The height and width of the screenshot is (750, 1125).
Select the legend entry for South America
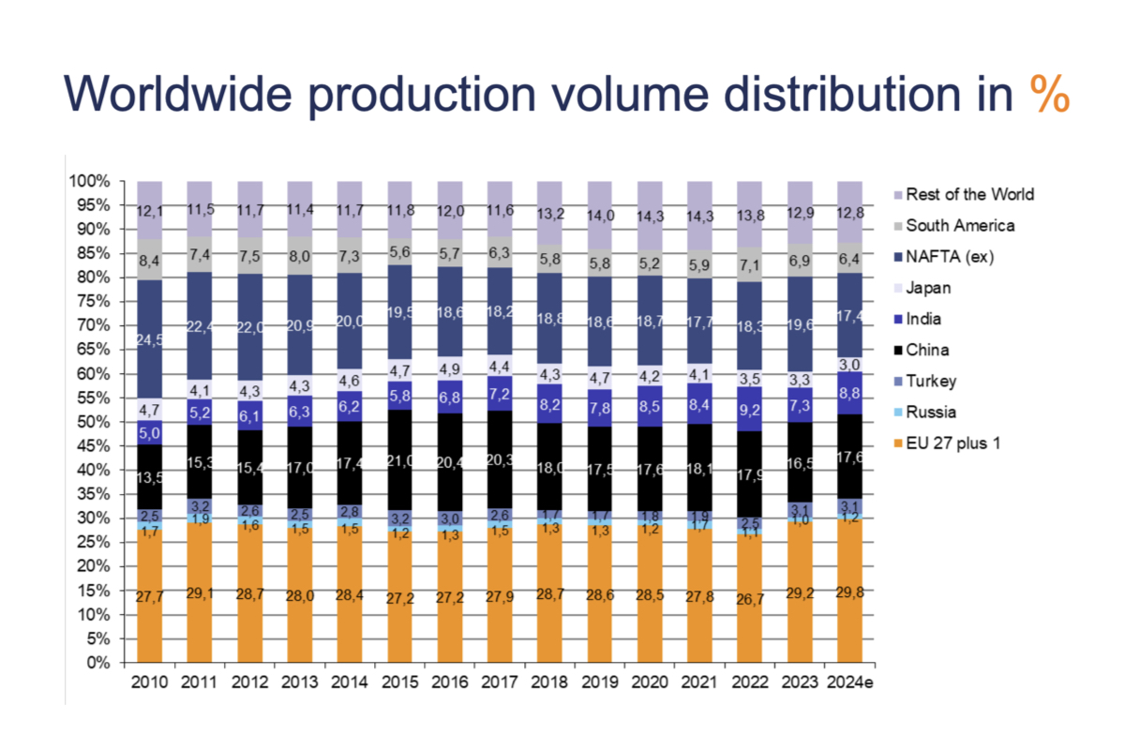pos(958,225)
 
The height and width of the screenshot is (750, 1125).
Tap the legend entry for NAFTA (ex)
pos(950,256)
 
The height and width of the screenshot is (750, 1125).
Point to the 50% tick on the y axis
pos(93,422)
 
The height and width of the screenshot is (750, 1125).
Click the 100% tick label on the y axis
pos(90,181)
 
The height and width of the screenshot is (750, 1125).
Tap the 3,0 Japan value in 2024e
pos(849,364)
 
